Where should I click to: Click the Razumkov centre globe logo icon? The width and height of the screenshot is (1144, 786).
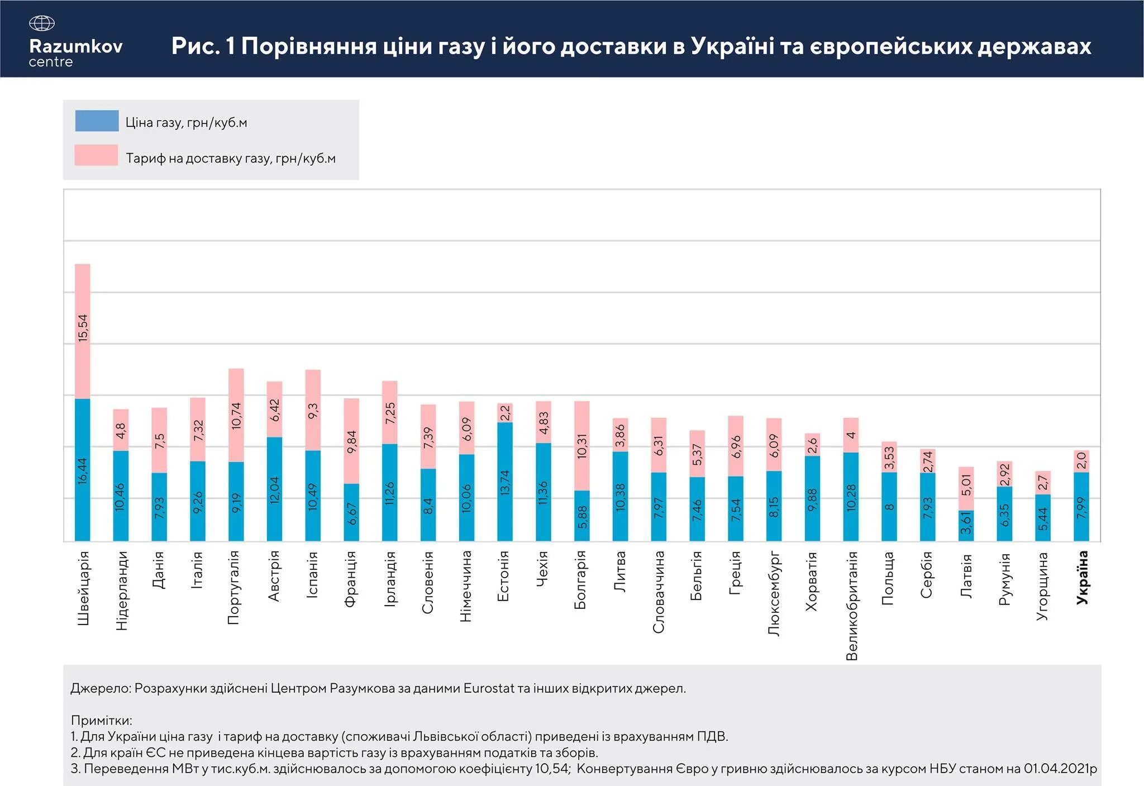click(41, 23)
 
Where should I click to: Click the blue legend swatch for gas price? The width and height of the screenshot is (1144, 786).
click(97, 121)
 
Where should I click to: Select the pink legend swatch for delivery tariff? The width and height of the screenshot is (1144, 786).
click(96, 155)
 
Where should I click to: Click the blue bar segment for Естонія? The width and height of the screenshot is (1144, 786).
click(505, 482)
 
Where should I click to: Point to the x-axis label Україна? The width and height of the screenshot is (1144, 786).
click(1082, 578)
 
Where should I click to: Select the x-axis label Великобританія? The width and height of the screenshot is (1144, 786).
click(851, 606)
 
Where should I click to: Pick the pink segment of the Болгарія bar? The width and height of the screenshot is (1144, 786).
click(582, 446)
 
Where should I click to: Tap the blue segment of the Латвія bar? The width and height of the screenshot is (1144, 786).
click(966, 525)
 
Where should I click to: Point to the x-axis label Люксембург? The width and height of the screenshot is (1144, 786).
click(774, 594)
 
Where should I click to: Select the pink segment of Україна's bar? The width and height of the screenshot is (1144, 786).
click(1081, 461)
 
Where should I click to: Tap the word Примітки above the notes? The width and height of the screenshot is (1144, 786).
click(101, 720)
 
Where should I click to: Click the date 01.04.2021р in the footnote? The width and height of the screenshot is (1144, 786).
click(1060, 769)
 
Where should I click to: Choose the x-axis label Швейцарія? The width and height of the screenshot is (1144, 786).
click(83, 588)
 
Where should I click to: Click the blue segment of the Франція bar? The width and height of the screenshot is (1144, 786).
click(351, 512)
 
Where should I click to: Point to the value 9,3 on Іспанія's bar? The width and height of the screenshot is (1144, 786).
click(313, 411)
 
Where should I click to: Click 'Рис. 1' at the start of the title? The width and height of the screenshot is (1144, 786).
click(203, 46)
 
